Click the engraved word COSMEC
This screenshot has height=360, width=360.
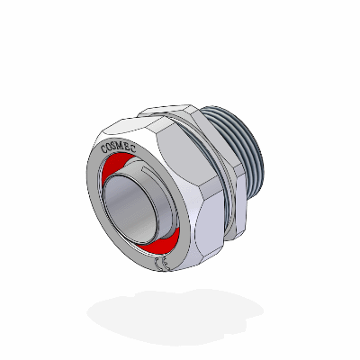121,144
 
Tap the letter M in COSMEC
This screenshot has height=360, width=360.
125,141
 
